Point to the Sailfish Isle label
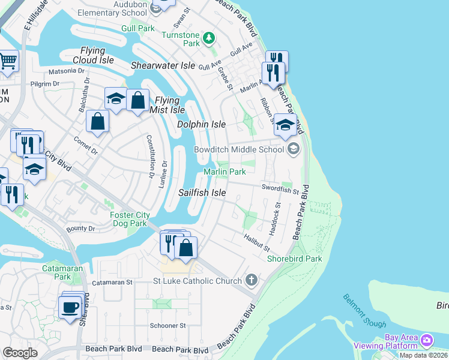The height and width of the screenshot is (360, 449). (x=202, y=193)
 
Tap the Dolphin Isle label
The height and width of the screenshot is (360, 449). (x=202, y=124)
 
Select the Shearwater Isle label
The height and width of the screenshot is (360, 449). (x=163, y=65)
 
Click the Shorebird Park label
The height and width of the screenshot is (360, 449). (x=294, y=259)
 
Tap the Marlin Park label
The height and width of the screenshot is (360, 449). (x=224, y=172)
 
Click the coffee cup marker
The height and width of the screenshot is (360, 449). (x=71, y=307)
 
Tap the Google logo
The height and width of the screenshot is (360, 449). (x=20, y=352)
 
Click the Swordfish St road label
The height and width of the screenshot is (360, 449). (x=280, y=190)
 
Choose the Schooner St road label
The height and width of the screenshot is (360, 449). (x=169, y=326)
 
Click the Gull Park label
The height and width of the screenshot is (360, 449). (x=137, y=28)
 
